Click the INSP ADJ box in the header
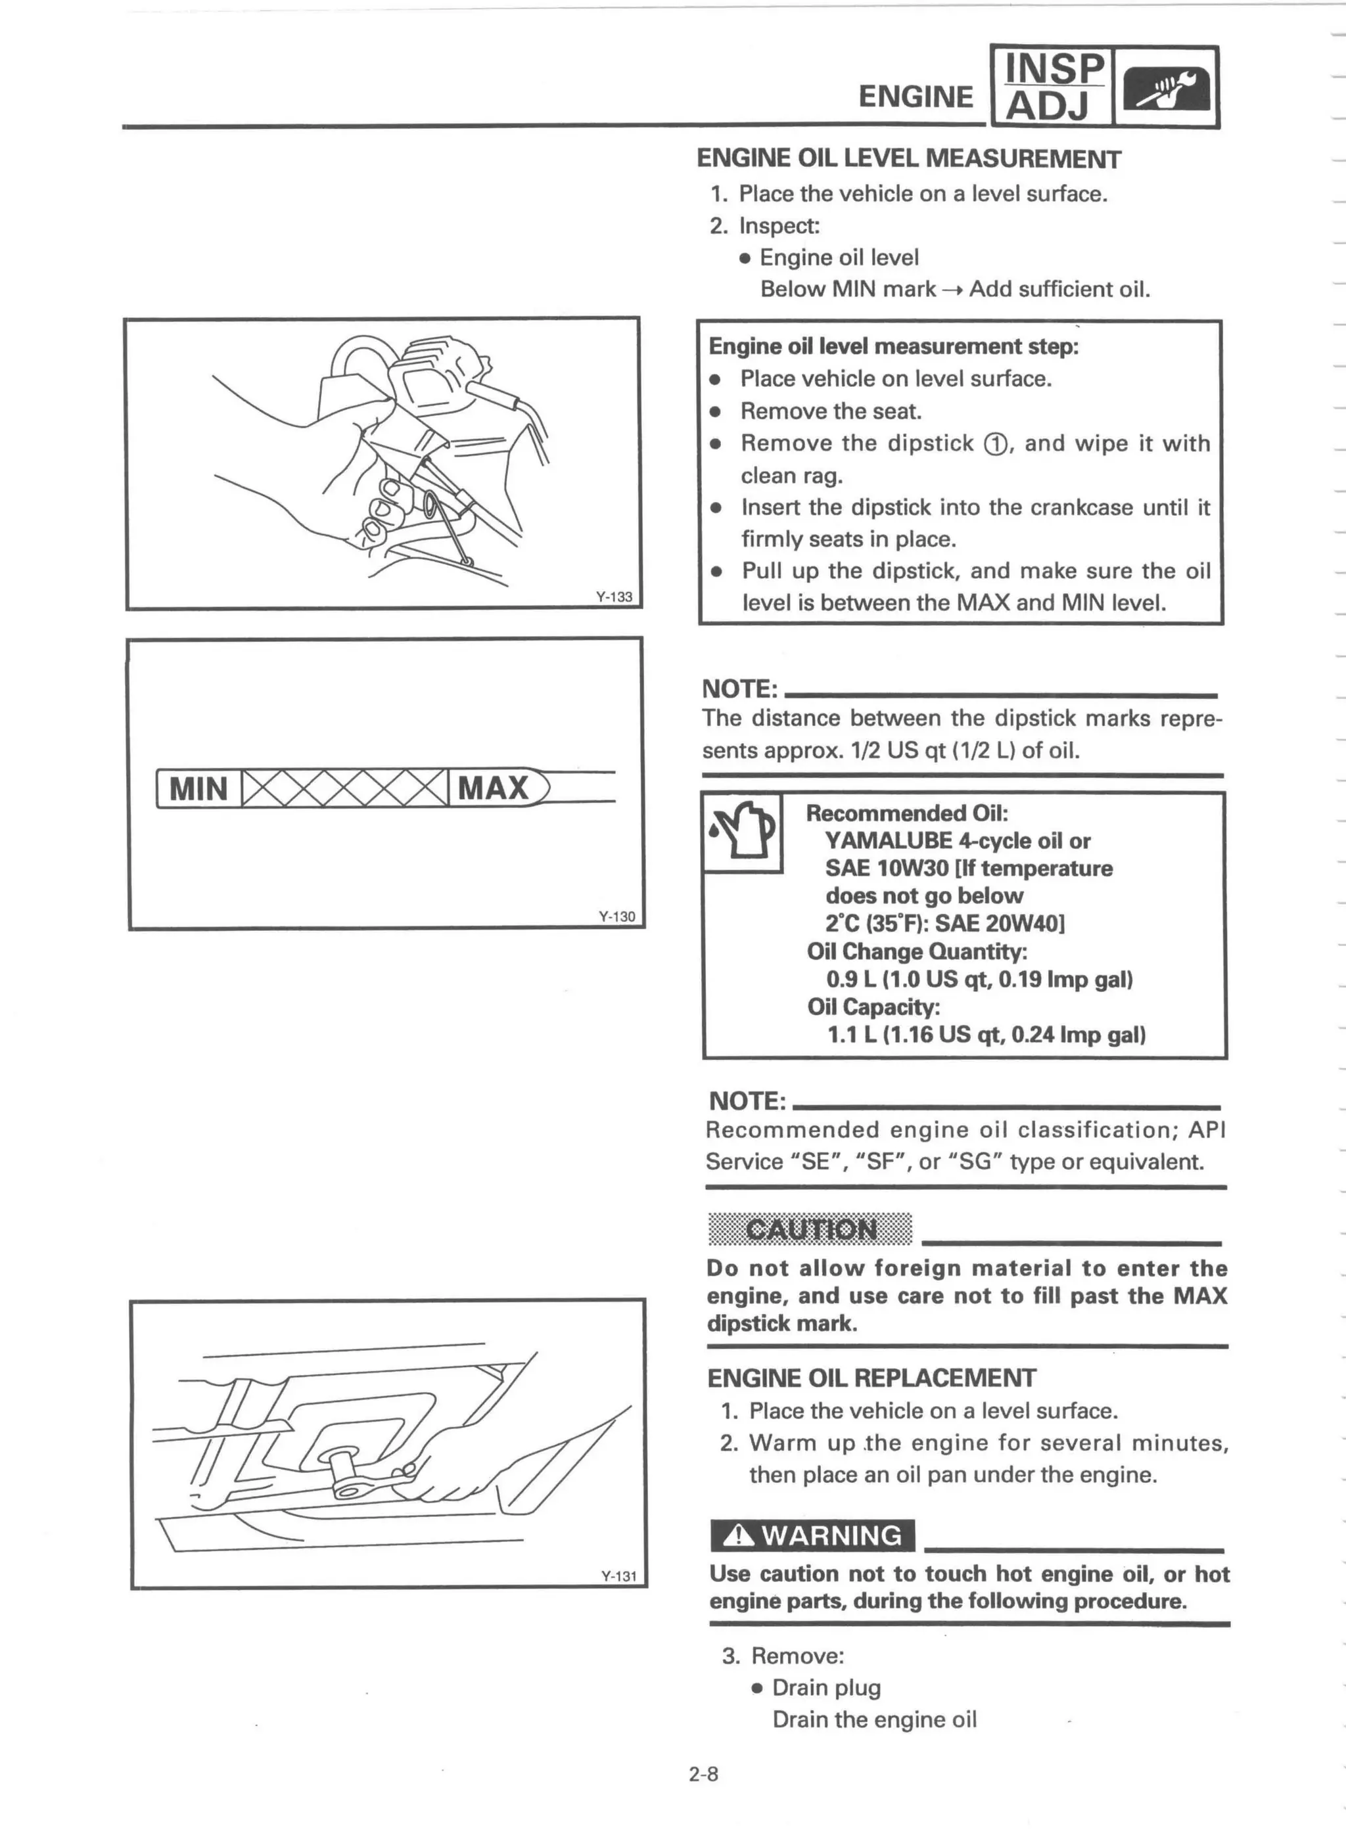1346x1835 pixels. [1051, 86]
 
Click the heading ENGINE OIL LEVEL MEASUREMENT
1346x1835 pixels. [908, 159]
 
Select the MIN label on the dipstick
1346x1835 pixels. [198, 788]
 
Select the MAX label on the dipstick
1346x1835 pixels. [494, 788]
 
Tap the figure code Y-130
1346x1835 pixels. [616, 917]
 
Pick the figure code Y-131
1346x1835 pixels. [618, 1576]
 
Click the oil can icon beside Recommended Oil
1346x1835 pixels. [742, 832]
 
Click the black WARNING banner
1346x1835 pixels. [812, 1535]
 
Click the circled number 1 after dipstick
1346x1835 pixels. [995, 445]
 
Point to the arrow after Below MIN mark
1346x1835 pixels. [952, 290]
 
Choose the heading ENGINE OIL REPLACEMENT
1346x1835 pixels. [871, 1378]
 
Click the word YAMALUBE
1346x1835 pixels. [888, 840]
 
